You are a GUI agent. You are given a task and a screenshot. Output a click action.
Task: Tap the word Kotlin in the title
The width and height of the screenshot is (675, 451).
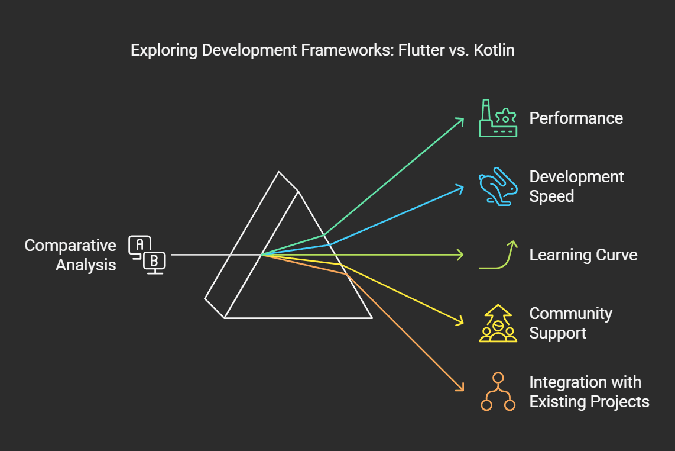[494, 50]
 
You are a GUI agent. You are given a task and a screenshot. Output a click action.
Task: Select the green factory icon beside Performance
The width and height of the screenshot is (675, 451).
[498, 118]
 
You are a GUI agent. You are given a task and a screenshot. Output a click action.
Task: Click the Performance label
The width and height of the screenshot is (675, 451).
[576, 118]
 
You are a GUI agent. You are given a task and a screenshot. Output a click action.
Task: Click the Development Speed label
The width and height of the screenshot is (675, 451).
[576, 186]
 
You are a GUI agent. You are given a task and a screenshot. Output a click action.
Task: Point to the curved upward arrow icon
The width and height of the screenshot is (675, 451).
[498, 255]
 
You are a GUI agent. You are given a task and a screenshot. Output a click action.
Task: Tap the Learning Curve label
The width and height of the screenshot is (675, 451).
[583, 255]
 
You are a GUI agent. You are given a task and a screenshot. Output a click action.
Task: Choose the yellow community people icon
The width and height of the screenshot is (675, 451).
[498, 324]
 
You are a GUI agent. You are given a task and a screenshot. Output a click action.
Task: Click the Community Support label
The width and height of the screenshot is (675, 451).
[570, 323]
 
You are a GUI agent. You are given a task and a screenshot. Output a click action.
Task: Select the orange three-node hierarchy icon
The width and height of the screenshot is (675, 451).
[498, 392]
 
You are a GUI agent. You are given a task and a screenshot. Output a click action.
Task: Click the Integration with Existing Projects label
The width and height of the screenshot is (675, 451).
[589, 392]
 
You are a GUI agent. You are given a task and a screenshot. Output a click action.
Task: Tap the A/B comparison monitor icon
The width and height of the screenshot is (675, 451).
[147, 255]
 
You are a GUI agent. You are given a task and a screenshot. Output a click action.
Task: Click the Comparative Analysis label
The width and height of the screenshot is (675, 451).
[70, 255]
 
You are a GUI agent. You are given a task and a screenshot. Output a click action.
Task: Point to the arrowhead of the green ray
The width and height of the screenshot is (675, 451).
[461, 119]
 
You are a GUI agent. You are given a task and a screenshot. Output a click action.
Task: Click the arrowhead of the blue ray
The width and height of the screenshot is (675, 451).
[461, 188]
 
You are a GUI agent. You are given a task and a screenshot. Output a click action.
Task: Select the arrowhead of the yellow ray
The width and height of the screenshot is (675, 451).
[460, 323]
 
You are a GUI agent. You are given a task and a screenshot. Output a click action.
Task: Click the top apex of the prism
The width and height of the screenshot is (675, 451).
[279, 172]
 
